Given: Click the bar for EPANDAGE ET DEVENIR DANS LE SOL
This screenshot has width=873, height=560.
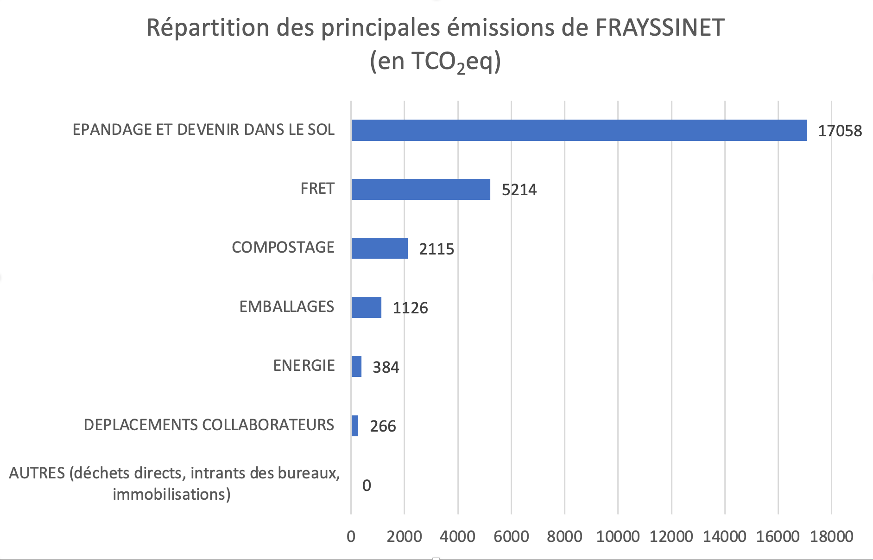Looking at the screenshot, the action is [579, 130].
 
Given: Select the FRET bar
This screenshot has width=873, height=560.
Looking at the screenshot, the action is [421, 189].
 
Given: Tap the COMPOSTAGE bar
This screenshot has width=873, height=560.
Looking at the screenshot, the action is [380, 248].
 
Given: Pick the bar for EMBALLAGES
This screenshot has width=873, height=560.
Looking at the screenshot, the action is [366, 307].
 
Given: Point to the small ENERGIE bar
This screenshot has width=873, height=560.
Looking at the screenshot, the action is [356, 366].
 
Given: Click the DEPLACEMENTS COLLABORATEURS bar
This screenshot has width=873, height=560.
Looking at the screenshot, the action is [354, 426].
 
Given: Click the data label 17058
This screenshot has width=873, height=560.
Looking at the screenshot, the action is [840, 131].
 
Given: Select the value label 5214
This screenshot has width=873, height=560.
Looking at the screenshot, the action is [519, 190].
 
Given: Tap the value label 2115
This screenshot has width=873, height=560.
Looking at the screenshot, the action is [436, 249].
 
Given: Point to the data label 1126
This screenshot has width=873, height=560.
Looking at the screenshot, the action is [410, 308].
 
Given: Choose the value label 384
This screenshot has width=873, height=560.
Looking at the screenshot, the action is [386, 367].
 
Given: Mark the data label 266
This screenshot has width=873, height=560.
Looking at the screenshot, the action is [383, 426].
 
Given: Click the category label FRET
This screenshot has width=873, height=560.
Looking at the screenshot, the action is [317, 189].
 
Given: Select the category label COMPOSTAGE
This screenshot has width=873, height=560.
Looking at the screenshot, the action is [283, 248].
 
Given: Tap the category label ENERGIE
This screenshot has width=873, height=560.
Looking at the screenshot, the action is [304, 366].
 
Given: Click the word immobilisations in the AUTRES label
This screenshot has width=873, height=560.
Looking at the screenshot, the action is [171, 494].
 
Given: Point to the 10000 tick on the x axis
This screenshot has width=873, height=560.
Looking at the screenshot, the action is [618, 536].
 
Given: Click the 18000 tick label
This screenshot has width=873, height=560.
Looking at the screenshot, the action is [831, 536].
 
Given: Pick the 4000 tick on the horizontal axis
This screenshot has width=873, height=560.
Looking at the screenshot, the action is [458, 536].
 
